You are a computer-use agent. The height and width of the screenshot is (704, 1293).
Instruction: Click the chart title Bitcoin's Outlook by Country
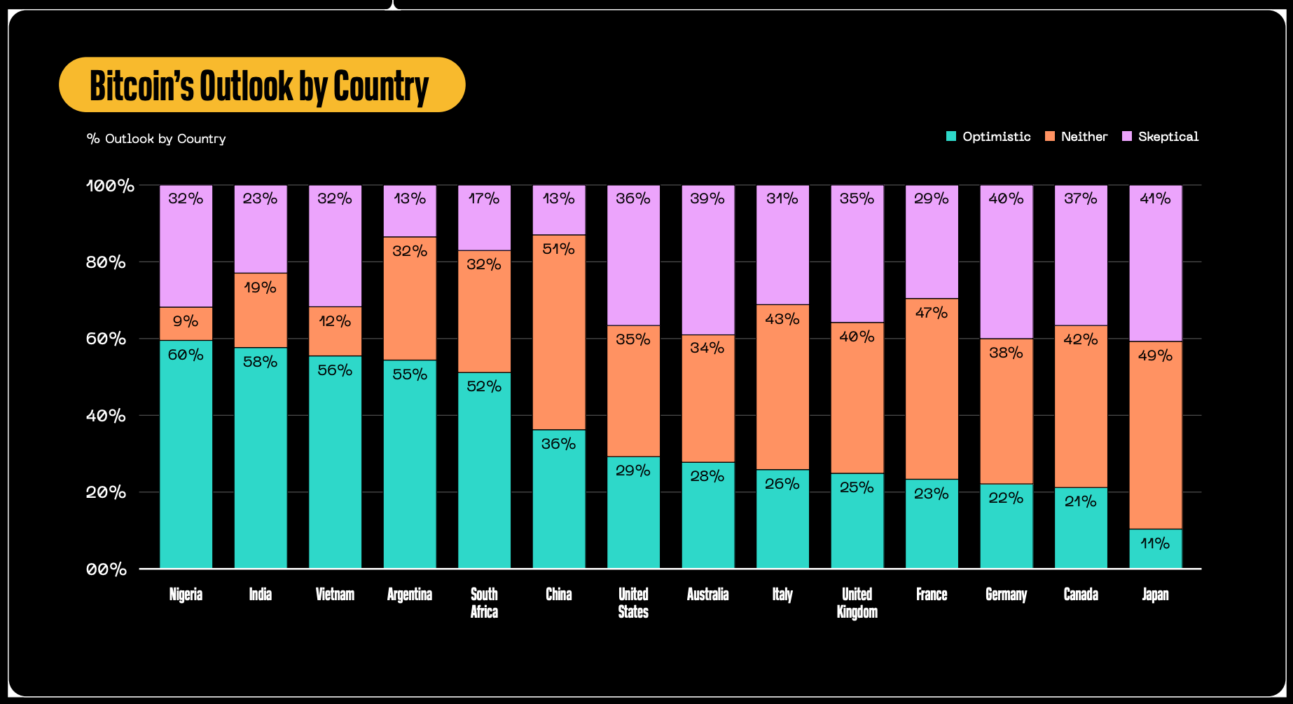pyautogui.click(x=259, y=86)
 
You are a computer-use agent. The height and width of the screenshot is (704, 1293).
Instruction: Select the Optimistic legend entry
pyautogui.click(x=988, y=137)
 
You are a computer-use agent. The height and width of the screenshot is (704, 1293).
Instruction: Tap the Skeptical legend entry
pyautogui.click(x=1161, y=137)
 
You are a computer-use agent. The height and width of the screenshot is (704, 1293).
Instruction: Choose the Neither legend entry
pyautogui.click(x=1076, y=137)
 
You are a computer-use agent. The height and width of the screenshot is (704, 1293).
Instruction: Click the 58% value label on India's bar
pyautogui.click(x=261, y=363)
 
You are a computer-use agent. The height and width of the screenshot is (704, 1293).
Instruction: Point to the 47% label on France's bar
pyautogui.click(x=932, y=313)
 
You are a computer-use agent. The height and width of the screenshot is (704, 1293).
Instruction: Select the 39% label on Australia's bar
pyautogui.click(x=707, y=199)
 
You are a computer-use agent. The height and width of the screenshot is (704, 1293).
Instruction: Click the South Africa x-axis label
pyautogui.click(x=484, y=603)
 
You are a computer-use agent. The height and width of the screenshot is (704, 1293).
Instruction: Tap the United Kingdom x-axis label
pyautogui.click(x=857, y=603)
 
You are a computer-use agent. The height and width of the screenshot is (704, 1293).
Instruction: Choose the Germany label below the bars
pyautogui.click(x=1006, y=595)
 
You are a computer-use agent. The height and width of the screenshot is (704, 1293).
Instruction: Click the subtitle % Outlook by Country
pyautogui.click(x=156, y=139)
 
